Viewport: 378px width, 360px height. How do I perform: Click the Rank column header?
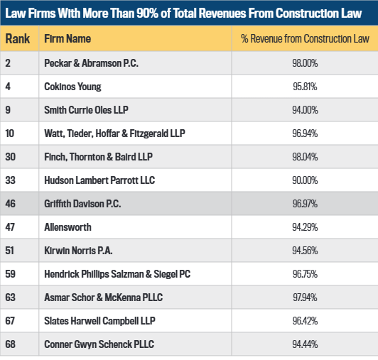[x=18, y=38]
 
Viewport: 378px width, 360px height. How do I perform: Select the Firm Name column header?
[x=67, y=38]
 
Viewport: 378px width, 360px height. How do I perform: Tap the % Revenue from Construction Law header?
[x=305, y=38]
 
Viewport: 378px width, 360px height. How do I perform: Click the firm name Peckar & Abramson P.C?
[x=91, y=63]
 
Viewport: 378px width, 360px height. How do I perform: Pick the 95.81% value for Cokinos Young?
[x=305, y=87]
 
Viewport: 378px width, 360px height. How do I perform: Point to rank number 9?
[x=8, y=110]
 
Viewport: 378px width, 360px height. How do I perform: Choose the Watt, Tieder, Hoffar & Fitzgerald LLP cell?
[x=114, y=133]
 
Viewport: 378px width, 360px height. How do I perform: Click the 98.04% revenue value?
[x=305, y=157]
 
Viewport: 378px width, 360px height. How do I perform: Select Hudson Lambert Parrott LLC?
[x=99, y=180]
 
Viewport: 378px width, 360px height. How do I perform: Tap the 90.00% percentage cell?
[x=305, y=180]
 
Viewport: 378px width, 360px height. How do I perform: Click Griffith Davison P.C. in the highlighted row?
[x=82, y=204]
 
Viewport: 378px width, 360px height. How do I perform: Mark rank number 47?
[x=10, y=227]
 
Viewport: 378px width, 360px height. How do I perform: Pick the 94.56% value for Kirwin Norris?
[x=305, y=251]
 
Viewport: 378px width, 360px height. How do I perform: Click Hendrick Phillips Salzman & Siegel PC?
[x=117, y=274]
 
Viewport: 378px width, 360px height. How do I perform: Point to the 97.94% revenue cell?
[x=305, y=298]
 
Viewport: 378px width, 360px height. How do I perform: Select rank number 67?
[x=10, y=321]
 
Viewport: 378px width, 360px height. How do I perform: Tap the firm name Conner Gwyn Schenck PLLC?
[x=99, y=344]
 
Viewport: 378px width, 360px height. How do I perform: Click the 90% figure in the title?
[x=147, y=13]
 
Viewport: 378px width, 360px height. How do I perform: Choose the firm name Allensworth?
[x=67, y=227]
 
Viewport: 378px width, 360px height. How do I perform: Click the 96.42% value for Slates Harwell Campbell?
[x=305, y=321]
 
